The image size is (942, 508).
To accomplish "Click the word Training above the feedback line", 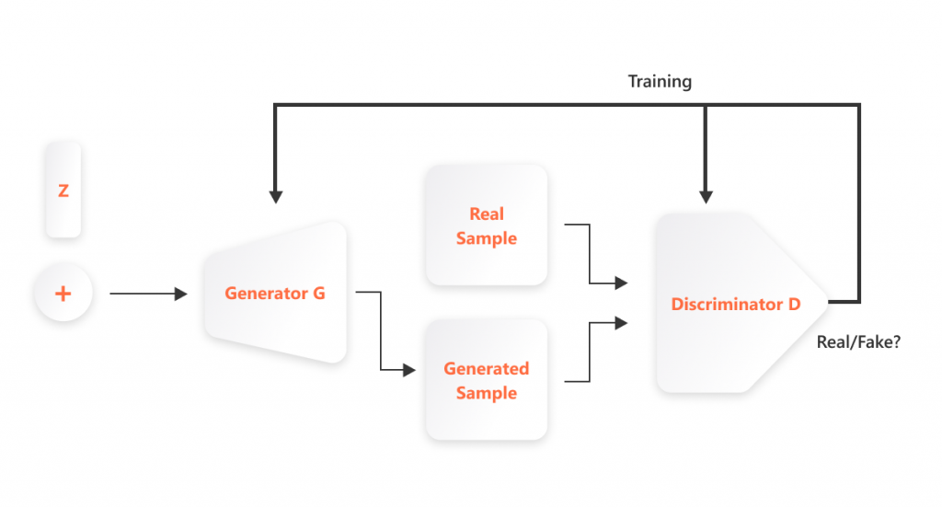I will (x=660, y=82).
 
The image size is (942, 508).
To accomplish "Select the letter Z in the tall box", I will (x=63, y=190).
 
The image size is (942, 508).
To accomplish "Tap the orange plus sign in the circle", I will (x=63, y=294).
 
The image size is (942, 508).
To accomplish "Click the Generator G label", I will (x=274, y=294).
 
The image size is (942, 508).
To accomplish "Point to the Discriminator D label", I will (x=735, y=304).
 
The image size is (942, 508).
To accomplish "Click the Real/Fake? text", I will (x=858, y=341).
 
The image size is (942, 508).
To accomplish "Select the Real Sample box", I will (x=487, y=225).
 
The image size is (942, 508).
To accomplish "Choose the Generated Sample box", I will (x=487, y=380).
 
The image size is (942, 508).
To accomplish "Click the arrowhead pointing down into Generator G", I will (x=275, y=197).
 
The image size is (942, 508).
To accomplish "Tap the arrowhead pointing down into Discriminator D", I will (x=706, y=197).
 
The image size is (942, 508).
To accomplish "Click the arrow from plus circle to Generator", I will (x=147, y=294).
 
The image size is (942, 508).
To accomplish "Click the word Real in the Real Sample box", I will (x=487, y=214).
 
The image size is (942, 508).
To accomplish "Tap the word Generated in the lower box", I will (x=487, y=368).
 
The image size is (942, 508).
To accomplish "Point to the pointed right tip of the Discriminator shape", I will (x=828, y=301).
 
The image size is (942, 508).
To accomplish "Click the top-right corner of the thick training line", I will (x=858, y=106).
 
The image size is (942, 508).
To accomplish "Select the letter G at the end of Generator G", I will (x=319, y=294).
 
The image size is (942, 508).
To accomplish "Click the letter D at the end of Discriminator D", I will (x=794, y=304).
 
